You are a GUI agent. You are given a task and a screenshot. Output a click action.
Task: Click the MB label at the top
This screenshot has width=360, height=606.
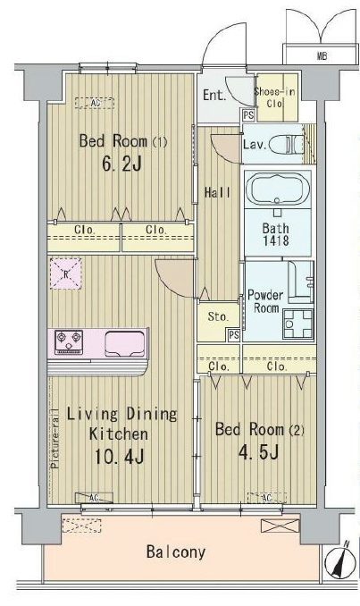point(321,56)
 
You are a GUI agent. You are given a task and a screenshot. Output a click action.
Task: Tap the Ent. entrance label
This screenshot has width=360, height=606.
point(214,96)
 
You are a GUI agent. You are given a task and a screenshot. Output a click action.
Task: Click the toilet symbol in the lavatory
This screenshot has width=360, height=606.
point(285,143)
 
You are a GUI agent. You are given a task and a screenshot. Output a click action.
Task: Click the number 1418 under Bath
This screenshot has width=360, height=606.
point(275,240)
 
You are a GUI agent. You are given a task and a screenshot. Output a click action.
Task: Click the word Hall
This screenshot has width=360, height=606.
point(219,191)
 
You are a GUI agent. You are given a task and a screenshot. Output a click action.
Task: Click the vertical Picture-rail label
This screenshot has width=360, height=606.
point(55,439)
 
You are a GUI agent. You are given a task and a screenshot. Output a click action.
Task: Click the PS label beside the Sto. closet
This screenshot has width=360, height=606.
point(232,334)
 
